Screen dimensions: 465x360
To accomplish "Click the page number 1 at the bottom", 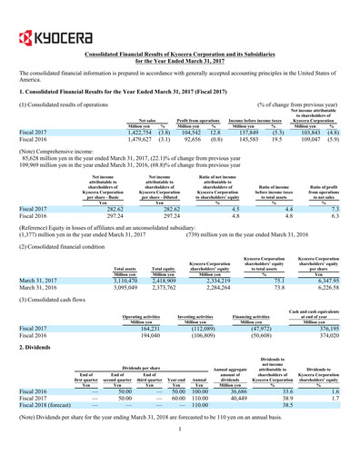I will (180, 460).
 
